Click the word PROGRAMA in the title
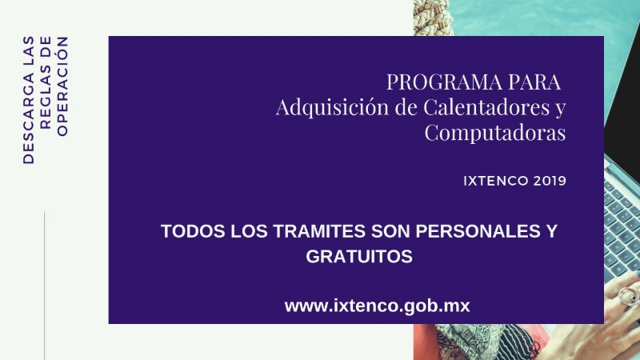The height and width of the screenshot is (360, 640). pyautogui.click(x=445, y=82)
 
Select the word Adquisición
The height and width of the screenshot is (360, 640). pyautogui.click(x=332, y=107)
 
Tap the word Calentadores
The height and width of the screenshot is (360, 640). pyautogui.click(x=486, y=107)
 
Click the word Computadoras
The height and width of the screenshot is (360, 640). pyautogui.click(x=495, y=133)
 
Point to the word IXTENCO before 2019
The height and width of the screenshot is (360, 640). pyautogui.click(x=490, y=181)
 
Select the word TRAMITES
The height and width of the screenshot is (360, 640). pyautogui.click(x=319, y=231)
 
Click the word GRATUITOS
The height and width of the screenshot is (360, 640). pyautogui.click(x=359, y=256)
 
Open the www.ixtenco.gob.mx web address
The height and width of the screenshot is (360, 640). pyautogui.click(x=377, y=306)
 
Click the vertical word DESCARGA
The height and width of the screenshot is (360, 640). pyautogui.click(x=29, y=118)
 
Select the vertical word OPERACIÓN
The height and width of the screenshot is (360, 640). pyautogui.click(x=62, y=86)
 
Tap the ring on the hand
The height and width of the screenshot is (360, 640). pyautogui.click(x=628, y=294)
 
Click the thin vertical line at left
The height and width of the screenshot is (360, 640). pyautogui.click(x=44, y=286)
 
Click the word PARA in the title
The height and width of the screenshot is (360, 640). pyautogui.click(x=534, y=82)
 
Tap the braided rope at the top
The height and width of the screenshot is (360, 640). pyautogui.click(x=433, y=17)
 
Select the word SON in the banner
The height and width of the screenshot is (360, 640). pyautogui.click(x=390, y=231)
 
